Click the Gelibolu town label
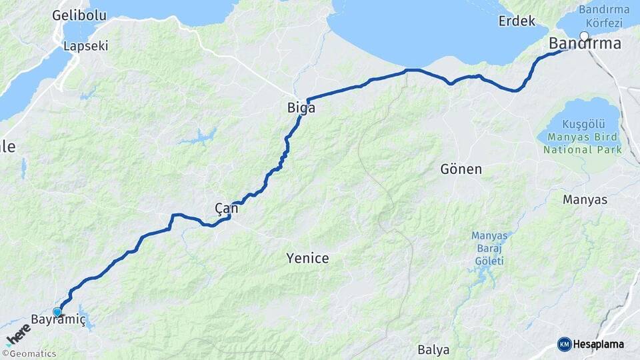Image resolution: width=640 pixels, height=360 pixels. point(79,15)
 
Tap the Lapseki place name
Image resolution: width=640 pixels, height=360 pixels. point(85,46)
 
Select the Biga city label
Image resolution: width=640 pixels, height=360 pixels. point(301,107)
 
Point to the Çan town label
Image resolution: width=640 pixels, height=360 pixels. point(227,209)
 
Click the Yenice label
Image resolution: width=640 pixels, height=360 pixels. point(307,257)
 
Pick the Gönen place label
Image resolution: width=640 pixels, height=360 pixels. point(461,169)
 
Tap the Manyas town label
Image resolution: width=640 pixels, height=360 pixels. point(585,199)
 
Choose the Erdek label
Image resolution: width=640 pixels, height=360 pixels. point(517,21)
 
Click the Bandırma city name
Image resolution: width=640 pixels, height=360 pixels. point(585,44)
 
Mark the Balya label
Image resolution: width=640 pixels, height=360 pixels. point(433,349)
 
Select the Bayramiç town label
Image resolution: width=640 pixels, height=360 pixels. point(59,320)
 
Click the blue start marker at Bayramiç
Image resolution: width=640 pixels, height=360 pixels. point(57,311)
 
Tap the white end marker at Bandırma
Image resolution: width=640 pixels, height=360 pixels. point(585,36)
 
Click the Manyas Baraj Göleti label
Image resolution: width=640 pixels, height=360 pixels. point(489,248)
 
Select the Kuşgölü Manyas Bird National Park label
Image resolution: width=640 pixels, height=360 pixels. point(583,137)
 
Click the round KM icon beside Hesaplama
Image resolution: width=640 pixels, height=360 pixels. point(564,344)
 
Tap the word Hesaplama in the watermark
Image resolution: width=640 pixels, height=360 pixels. point(599,344)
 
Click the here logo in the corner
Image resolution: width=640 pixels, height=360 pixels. point(18,334)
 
